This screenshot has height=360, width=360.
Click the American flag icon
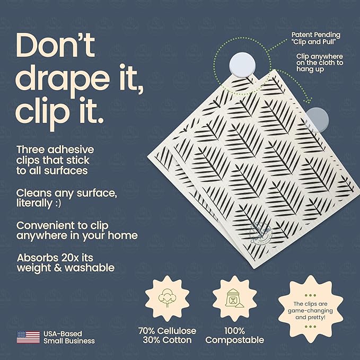(x=28, y=337)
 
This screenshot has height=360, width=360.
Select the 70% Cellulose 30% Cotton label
(x=167, y=335)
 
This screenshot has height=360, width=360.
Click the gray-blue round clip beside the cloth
(x=319, y=118)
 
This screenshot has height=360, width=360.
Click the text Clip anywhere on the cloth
(x=319, y=63)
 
